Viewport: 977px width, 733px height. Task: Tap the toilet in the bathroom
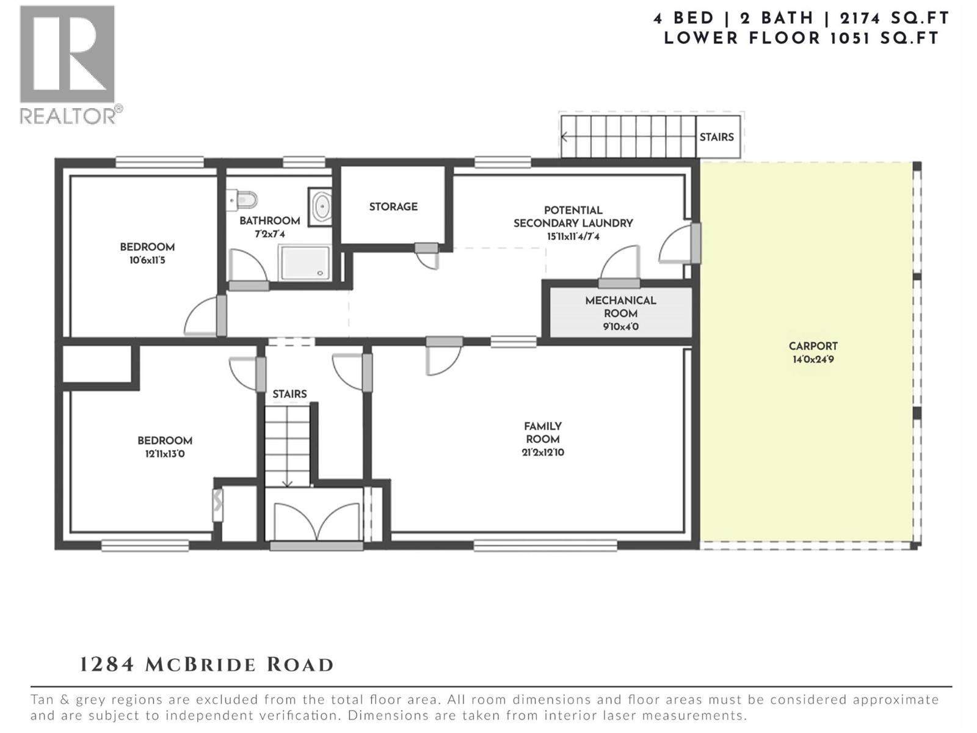243,199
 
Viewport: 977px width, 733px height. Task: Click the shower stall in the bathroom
305,263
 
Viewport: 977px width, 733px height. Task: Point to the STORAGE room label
393,207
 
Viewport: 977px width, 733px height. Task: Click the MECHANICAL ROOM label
620,307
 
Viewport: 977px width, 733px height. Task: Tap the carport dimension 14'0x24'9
813,360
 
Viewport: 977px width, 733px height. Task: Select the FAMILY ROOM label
542,432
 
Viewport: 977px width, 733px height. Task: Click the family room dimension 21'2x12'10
542,453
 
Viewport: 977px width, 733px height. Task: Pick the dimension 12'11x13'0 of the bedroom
165,454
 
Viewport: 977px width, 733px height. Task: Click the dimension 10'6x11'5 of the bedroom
147,260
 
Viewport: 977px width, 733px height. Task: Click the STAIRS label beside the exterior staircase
716,137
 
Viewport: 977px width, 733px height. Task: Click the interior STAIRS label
289,394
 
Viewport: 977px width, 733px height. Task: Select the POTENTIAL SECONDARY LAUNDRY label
573,217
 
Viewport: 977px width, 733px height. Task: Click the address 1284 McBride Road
207,665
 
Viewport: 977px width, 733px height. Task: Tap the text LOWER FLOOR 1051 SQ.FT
801,38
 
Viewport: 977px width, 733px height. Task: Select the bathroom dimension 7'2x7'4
269,234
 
